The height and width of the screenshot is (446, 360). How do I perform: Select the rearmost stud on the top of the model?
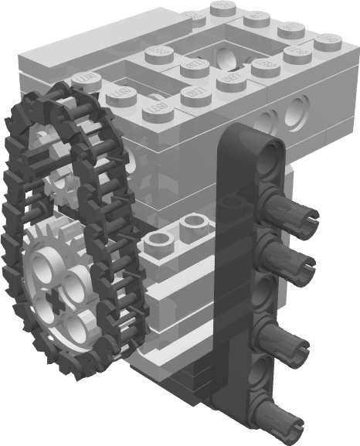click(x=222, y=8)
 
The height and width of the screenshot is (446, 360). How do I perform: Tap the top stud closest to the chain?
click(x=84, y=80)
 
